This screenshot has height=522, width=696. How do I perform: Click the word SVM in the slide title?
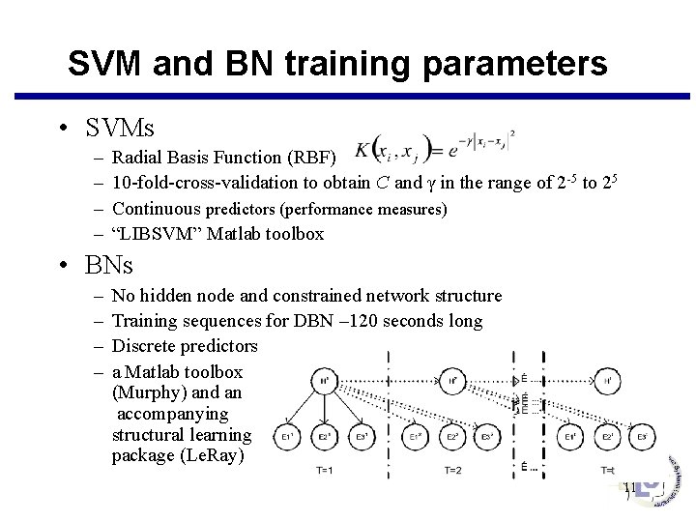click(107, 64)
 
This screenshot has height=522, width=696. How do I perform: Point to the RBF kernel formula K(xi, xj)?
click(434, 147)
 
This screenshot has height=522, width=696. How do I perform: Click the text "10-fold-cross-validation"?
click(194, 182)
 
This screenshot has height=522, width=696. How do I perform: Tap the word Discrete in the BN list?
click(146, 345)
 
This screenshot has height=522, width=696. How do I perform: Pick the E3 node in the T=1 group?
click(362, 437)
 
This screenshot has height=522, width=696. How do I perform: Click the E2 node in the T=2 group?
click(451, 437)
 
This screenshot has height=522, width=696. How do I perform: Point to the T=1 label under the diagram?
click(326, 470)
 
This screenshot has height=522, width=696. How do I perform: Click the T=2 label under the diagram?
click(454, 470)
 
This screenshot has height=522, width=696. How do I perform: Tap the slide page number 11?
click(629, 489)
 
